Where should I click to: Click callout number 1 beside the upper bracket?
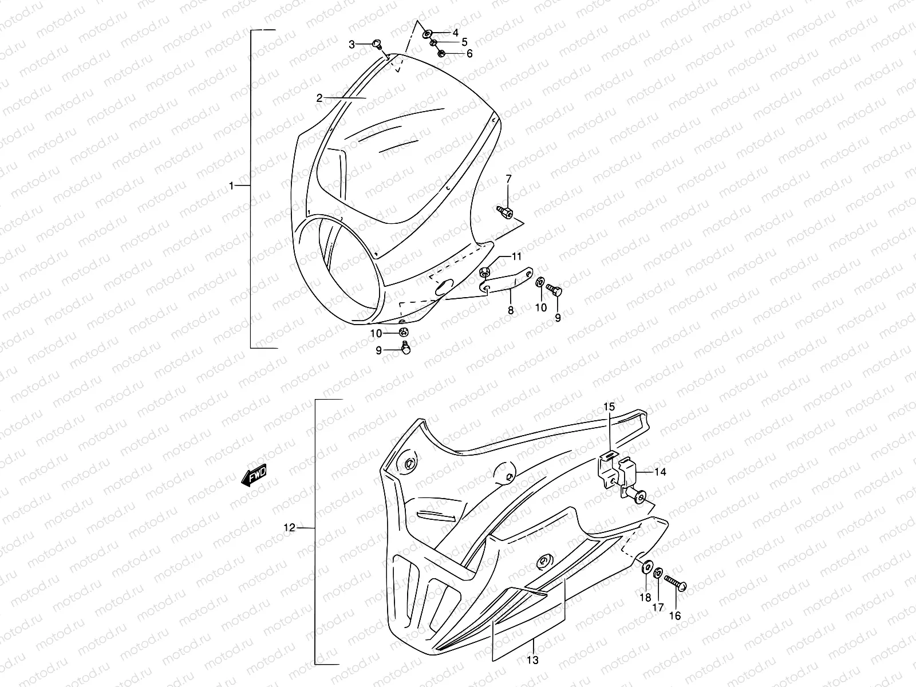231,186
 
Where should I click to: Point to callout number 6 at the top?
469,54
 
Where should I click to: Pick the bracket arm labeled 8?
507,281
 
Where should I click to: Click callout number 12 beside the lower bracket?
290,528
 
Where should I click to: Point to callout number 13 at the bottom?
532,660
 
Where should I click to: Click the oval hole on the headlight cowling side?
444,287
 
